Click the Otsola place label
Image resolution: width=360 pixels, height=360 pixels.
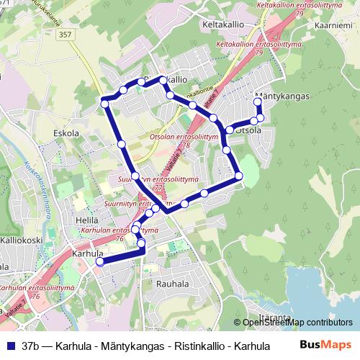(x=248, y=130)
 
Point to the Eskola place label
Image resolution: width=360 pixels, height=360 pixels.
(x=66, y=133)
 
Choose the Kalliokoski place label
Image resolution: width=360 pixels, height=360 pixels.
(x=22, y=240)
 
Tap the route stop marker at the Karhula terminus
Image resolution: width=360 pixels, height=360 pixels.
(x=99, y=262)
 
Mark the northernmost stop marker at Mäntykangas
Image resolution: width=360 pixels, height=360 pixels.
(x=258, y=102)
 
